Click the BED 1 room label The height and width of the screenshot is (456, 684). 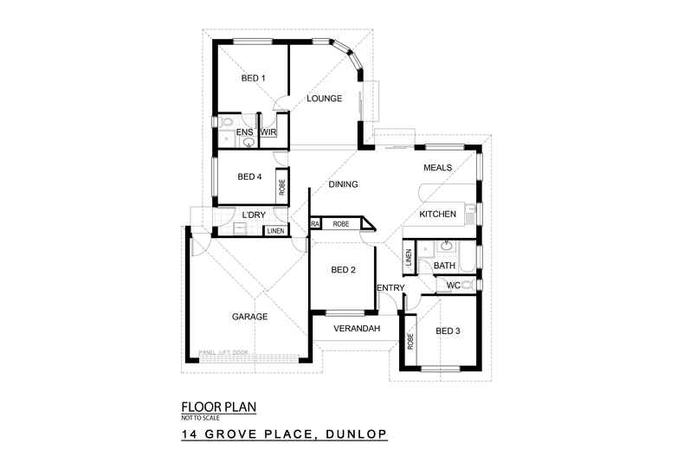click(253, 79)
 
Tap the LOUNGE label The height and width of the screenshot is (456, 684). click(325, 99)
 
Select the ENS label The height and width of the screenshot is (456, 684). click(244, 132)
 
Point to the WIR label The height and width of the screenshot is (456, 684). click(268, 132)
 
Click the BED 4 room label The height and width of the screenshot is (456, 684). click(249, 177)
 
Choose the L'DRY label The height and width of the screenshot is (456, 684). click(254, 215)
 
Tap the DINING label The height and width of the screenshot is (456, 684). click(343, 184)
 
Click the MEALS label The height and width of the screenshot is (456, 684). click(437, 168)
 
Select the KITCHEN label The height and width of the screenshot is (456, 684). click(437, 214)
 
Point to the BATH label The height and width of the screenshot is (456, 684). click(444, 266)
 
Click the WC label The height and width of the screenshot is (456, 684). click(453, 285)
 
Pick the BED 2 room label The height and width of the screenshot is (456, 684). click(344, 270)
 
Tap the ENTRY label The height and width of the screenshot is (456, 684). click(390, 288)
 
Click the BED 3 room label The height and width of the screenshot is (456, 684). click(448, 331)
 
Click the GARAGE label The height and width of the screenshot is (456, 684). click(249, 316)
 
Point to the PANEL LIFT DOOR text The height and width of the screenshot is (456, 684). click(223, 352)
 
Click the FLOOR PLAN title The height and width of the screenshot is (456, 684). click(218, 406)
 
